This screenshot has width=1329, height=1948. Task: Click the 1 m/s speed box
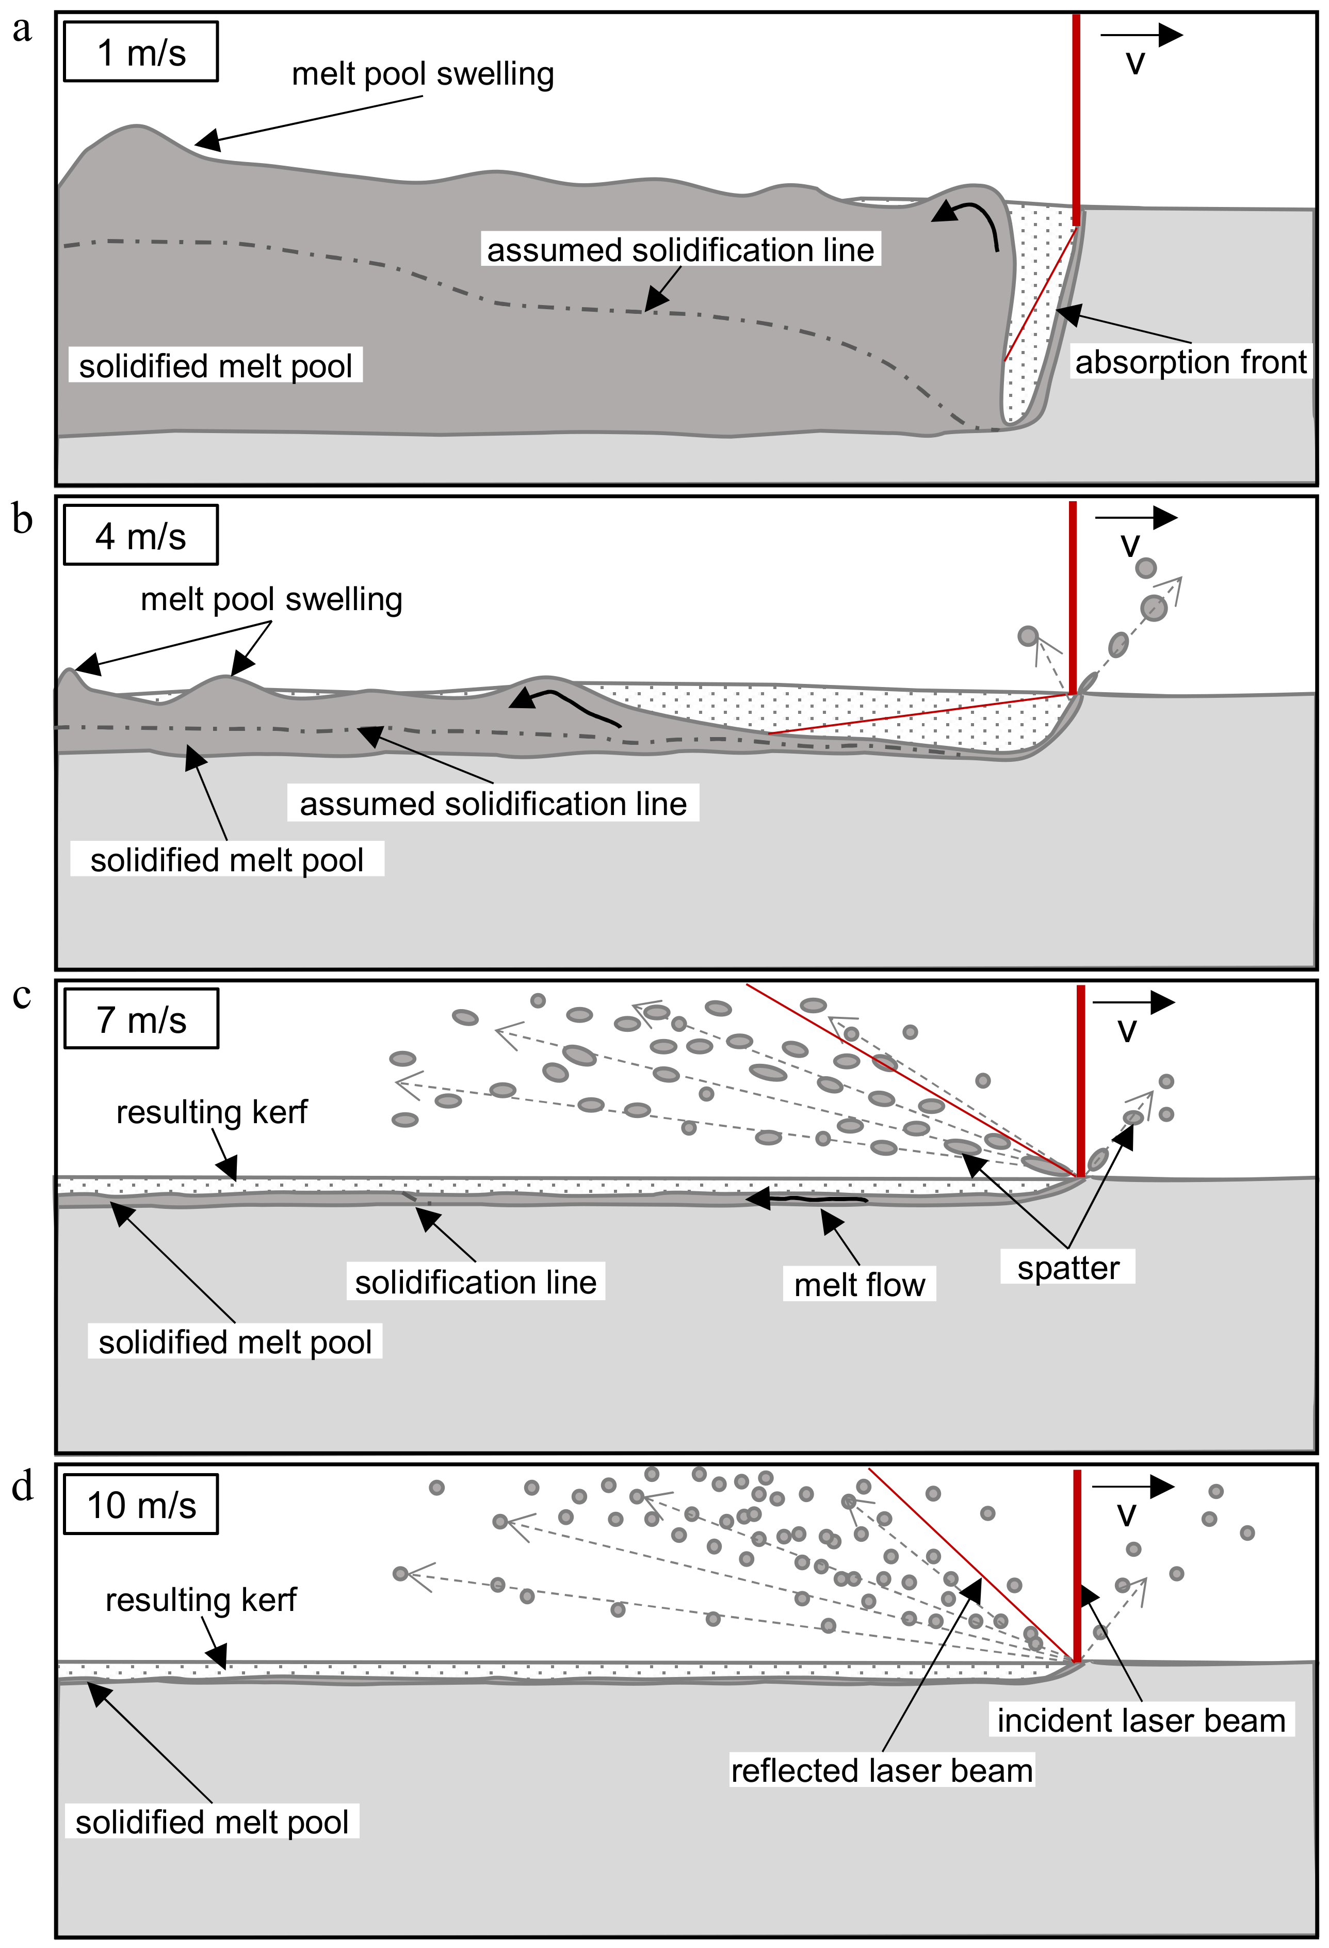(x=141, y=52)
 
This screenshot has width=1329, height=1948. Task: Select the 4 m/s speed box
(x=141, y=536)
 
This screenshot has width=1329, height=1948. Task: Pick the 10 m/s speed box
(x=141, y=1505)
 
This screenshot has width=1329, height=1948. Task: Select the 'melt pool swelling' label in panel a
(x=423, y=75)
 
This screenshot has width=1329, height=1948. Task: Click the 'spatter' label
(x=1067, y=1268)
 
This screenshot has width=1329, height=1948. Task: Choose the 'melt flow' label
(x=859, y=1285)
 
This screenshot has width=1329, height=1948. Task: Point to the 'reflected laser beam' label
(x=882, y=1770)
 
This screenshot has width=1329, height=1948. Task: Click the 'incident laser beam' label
(x=1141, y=1720)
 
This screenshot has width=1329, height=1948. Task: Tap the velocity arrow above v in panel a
(x=1141, y=35)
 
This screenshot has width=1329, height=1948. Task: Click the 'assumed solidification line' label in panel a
(x=680, y=250)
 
